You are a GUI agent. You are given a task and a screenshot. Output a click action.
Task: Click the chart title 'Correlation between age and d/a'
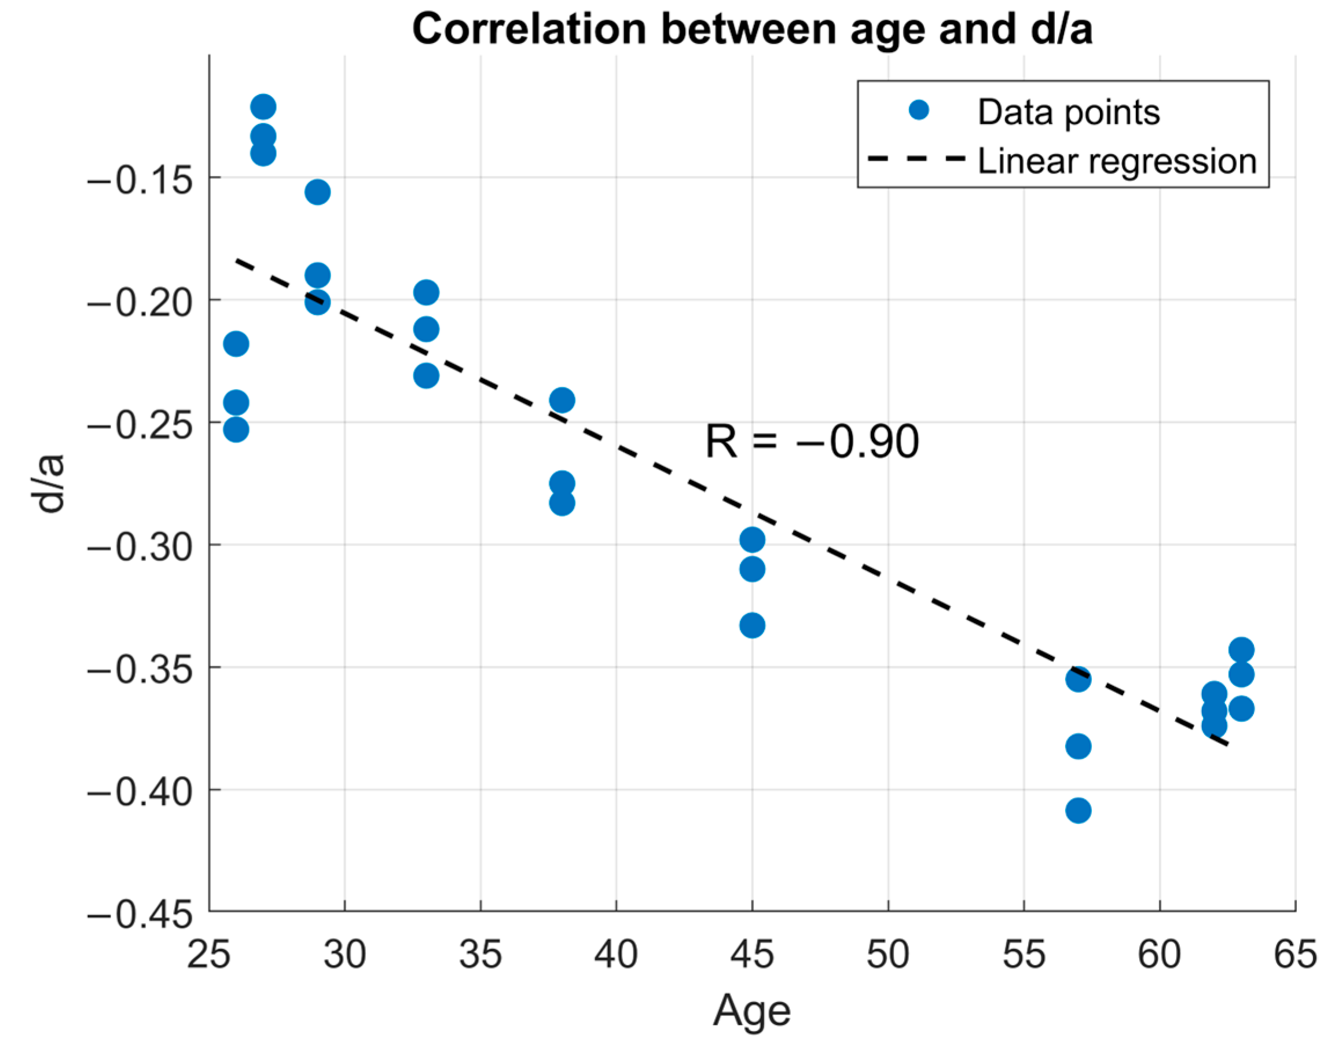751,29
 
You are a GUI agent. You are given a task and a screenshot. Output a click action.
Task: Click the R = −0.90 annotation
812,442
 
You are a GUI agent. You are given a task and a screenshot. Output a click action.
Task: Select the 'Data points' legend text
1068,112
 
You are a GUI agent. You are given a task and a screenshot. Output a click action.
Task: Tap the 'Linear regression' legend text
1117,161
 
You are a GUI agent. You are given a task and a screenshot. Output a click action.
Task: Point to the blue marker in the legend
919,111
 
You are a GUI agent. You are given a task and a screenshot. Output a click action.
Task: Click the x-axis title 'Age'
751,1011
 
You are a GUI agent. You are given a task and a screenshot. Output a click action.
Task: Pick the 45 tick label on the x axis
751,955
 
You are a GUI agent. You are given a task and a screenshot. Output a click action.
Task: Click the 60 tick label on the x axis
1159,955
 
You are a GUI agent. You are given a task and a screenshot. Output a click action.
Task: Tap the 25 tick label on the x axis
208,955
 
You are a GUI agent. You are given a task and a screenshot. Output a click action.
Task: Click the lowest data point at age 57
1078,810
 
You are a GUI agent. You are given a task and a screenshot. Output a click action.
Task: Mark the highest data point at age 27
263,107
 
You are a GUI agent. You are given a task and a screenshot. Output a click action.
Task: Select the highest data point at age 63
1241,650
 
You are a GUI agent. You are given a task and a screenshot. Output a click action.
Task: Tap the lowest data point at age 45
752,626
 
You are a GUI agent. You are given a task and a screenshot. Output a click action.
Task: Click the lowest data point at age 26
236,430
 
